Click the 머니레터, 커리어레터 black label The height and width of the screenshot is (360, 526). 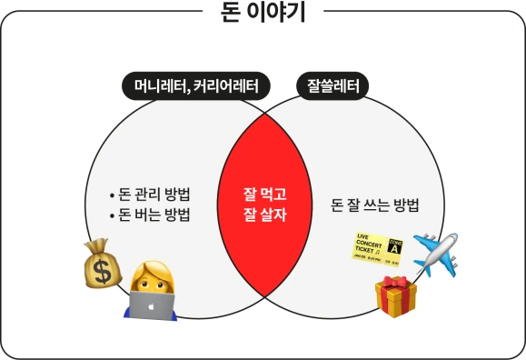coord(196,86)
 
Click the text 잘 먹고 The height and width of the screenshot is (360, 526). coord(264,194)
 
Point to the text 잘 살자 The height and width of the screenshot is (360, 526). coord(264,215)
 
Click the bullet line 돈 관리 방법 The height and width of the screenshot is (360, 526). coord(149,195)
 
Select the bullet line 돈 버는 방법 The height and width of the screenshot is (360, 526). coord(149,215)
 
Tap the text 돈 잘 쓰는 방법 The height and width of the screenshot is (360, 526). coord(375,205)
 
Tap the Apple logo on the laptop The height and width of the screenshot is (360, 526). coord(152,307)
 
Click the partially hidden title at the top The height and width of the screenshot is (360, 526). coord(263,12)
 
